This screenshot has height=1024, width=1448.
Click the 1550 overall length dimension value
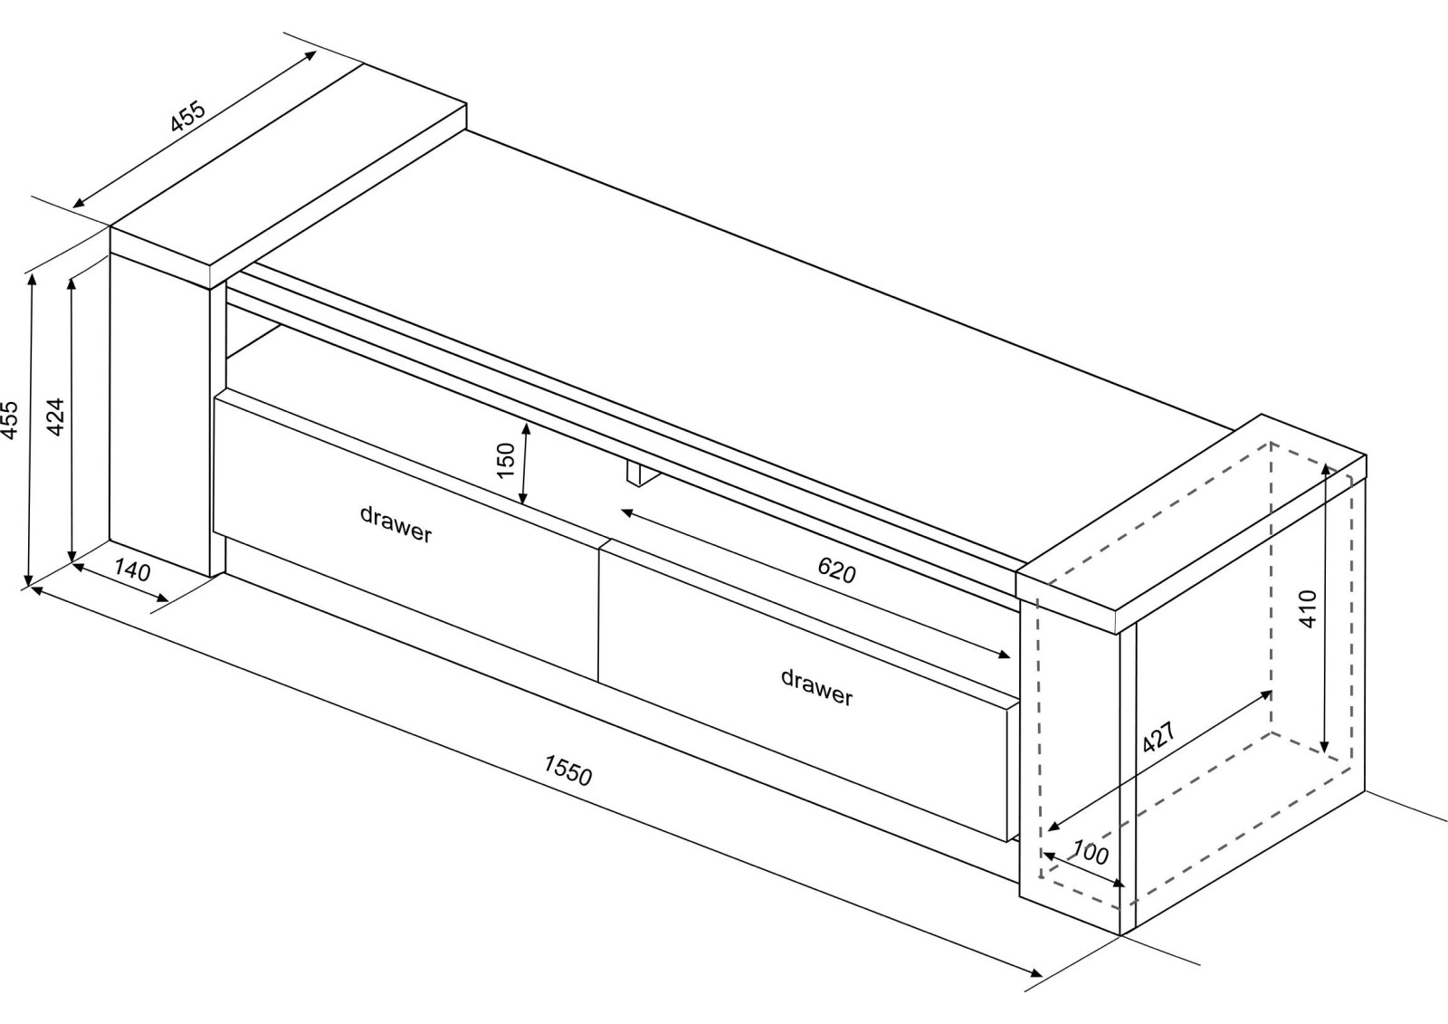click(x=567, y=770)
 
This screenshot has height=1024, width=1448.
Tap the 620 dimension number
click(x=836, y=569)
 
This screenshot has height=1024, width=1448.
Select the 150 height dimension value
click(x=506, y=460)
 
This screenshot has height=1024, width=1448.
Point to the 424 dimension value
click(x=55, y=416)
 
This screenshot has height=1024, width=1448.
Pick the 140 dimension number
click(x=132, y=571)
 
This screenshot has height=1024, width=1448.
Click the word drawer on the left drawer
click(x=395, y=524)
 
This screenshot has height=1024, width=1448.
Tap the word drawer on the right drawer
click(x=816, y=686)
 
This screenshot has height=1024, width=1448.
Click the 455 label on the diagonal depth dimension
click(x=189, y=116)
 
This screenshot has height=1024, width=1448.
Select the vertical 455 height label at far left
click(x=10, y=421)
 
